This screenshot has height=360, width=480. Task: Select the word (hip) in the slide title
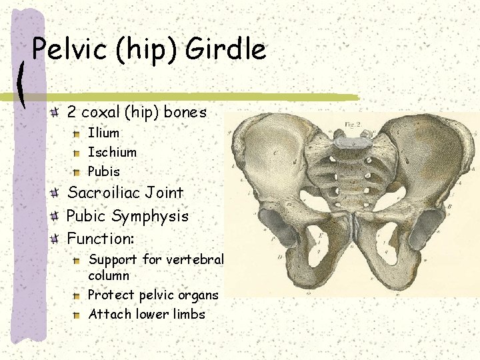click(x=146, y=50)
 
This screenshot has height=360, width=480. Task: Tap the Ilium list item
click(x=103, y=133)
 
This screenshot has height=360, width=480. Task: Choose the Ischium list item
click(x=112, y=152)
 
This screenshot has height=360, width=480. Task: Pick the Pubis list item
click(x=104, y=171)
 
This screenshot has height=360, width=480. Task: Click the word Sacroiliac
click(x=101, y=193)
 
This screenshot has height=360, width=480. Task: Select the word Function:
click(x=101, y=237)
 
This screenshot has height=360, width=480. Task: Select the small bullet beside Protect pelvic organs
click(x=78, y=295)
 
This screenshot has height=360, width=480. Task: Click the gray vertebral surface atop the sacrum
click(x=347, y=141)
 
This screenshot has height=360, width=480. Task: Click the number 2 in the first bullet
click(x=72, y=112)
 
